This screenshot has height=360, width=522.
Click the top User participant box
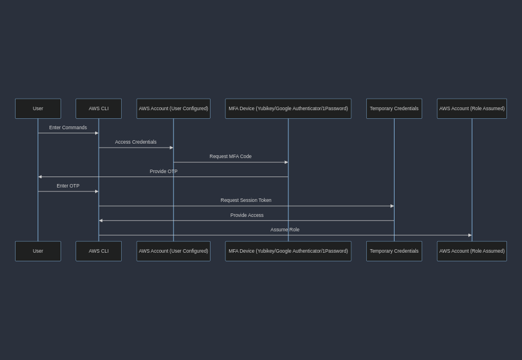point(38,108)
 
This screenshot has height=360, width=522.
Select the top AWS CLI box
point(99,108)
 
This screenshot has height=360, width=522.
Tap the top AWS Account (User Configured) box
point(174,108)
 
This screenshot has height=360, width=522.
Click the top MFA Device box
point(288,108)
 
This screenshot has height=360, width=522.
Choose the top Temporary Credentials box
point(394,108)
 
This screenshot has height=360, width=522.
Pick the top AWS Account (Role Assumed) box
point(472,108)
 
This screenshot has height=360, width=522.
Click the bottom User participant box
point(38,251)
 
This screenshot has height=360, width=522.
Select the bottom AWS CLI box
point(99,251)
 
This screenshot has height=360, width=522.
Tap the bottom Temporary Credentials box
point(394,251)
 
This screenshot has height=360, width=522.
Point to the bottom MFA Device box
point(288,251)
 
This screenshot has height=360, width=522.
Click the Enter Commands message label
point(68,127)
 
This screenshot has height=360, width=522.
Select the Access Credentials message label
point(136,142)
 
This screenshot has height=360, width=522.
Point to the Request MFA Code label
point(230,156)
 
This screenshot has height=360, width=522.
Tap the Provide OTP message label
point(163,171)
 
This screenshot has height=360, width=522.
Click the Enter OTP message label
point(68,186)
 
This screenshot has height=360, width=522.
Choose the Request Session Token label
point(246,200)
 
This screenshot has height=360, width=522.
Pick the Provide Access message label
point(247,215)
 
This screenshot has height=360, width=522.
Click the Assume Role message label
point(285,230)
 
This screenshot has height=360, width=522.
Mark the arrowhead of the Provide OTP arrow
point(40,177)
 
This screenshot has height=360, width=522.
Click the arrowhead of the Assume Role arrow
point(470,235)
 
